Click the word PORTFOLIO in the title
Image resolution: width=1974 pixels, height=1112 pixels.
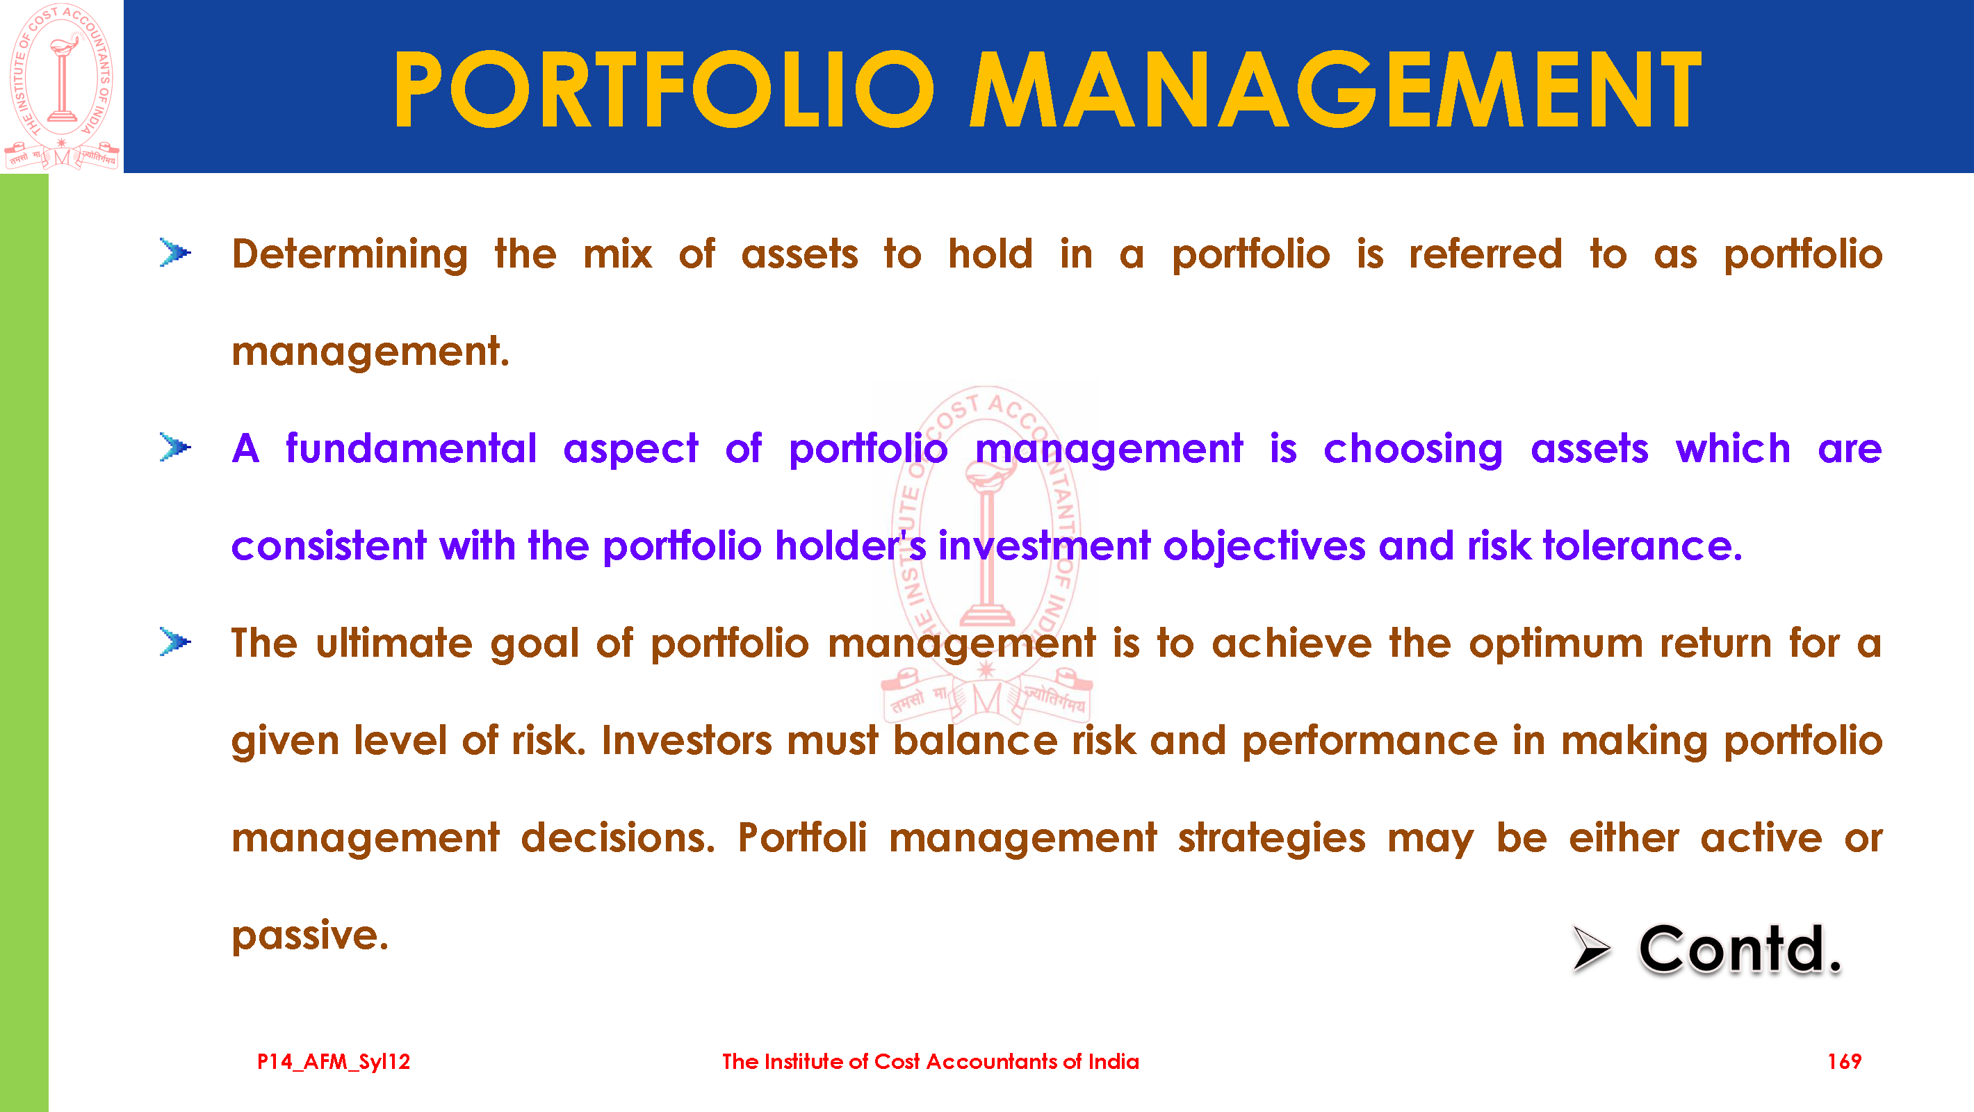point(664,89)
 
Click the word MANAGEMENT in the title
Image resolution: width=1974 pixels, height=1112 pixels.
point(1336,89)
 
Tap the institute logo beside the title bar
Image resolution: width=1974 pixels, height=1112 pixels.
point(62,86)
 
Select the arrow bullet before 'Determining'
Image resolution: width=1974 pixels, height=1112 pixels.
point(175,252)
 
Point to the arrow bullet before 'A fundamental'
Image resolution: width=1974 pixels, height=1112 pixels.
point(175,447)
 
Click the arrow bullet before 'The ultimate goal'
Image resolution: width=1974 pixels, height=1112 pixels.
point(175,641)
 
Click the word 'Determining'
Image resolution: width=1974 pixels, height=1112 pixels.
point(350,254)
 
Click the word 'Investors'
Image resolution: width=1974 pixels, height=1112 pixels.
point(687,741)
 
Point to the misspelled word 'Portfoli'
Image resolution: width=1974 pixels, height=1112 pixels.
point(802,837)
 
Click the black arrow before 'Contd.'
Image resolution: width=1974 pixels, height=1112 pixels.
point(1591,948)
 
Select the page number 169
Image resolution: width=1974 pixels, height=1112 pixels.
point(1844,1061)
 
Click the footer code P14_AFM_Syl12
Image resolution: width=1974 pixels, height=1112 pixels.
point(334,1062)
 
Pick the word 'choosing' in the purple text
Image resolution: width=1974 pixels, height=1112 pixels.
point(1413,450)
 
